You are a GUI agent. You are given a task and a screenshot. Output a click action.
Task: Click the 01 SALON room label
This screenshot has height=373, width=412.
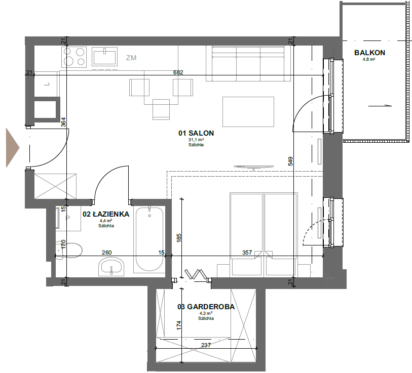[196, 133]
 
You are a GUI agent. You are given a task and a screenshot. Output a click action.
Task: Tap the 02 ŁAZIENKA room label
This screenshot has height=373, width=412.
[106, 214]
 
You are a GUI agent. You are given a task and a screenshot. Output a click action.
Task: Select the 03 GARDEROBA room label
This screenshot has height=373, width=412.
[206, 307]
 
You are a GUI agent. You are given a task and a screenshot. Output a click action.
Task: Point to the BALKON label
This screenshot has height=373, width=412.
[369, 53]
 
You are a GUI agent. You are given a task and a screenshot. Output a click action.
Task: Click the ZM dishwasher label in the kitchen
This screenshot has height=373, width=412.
[131, 58]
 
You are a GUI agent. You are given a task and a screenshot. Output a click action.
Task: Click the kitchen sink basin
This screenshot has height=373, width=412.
[104, 57]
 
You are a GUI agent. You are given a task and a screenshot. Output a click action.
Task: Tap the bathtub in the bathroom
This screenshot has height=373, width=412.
[149, 239]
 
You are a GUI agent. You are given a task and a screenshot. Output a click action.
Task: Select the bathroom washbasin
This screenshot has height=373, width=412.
[111, 266]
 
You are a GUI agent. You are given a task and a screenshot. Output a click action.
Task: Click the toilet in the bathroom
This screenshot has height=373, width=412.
[69, 250]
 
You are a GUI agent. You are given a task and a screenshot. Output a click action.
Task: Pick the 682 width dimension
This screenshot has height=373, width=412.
[178, 72]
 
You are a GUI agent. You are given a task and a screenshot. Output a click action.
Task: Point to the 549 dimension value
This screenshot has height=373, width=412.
[290, 161]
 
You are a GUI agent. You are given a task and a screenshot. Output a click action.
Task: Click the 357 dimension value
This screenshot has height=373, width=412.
[247, 252]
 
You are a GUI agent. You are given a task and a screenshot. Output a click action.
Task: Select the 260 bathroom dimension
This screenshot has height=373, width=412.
[107, 252]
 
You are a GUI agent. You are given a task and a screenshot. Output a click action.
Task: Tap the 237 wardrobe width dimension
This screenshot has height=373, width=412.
[206, 345]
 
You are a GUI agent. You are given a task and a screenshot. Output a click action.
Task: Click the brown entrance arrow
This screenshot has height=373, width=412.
[13, 148]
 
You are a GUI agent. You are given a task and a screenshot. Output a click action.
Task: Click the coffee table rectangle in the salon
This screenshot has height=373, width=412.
[248, 112]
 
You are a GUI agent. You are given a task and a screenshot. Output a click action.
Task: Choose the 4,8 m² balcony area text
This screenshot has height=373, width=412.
[369, 59]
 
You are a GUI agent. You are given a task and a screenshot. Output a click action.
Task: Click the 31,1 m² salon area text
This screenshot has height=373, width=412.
[196, 140]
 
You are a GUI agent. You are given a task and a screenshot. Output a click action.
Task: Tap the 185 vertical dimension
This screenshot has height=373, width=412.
[179, 238]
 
